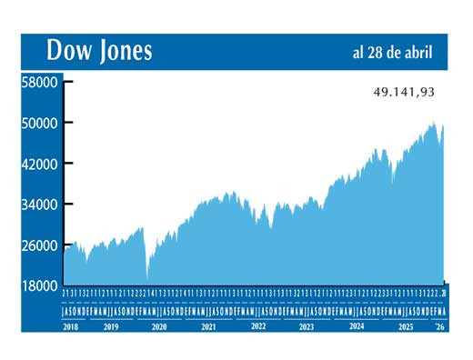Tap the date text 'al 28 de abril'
coord(393,52)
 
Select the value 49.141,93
coord(405,92)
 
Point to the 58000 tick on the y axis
coord(40,82)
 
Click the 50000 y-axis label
coord(40,123)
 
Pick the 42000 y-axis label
coord(40,164)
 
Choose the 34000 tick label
coord(40,205)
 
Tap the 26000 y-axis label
coord(40,245)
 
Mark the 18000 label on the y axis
coord(40,286)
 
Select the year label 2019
coord(111,325)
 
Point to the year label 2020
coord(159,325)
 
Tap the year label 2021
coord(208,325)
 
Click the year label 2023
coord(307,325)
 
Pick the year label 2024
coord(356,325)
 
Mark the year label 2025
coord(405,325)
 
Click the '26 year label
coord(440,325)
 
